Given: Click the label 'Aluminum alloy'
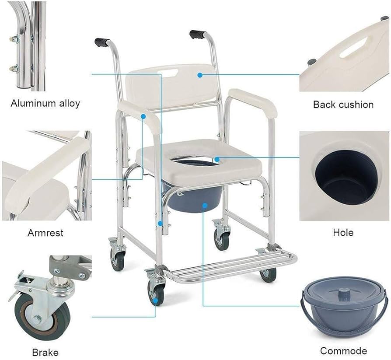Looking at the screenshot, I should click(45, 104).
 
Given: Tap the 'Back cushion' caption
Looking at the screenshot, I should click(343, 105).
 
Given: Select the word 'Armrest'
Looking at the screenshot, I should click(45, 233).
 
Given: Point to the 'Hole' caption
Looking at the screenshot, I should click(343, 233).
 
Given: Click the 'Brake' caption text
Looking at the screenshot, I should click(45, 352).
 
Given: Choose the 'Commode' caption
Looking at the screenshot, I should click(343, 351).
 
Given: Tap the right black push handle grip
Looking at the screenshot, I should click(197, 34).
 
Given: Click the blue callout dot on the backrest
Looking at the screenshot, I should click(199, 75).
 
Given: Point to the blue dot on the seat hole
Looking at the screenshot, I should click(217, 159).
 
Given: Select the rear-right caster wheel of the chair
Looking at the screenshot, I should click(221, 238).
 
